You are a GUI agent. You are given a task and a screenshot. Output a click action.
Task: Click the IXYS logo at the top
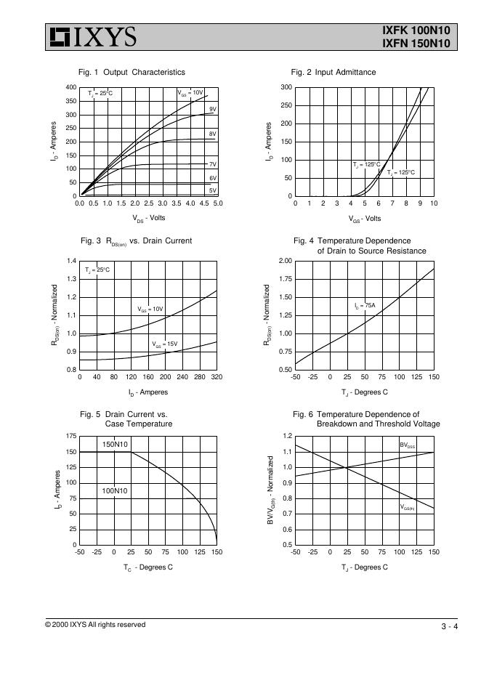tap(93, 36)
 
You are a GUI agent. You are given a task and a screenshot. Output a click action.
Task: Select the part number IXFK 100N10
tap(416, 31)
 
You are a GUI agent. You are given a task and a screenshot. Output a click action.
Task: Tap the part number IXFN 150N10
tap(416, 44)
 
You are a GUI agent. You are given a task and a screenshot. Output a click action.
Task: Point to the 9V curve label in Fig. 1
tap(213, 109)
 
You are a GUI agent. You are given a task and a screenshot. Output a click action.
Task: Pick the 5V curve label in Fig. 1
tap(213, 190)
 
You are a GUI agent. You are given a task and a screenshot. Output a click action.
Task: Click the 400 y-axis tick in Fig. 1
tap(70, 87)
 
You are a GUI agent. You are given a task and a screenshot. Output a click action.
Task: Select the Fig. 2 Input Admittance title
tap(334, 72)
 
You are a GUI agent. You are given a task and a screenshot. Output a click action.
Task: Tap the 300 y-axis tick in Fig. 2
tap(286, 87)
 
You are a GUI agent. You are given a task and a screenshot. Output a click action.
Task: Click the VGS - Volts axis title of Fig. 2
tap(364, 218)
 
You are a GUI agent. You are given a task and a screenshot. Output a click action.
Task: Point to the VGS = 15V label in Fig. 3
tap(164, 344)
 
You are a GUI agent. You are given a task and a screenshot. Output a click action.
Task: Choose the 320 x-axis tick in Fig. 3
tap(217, 378)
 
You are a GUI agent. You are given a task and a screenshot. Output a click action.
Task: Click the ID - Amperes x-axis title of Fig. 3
tap(148, 392)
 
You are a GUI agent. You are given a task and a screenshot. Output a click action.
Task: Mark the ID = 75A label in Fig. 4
tap(365, 307)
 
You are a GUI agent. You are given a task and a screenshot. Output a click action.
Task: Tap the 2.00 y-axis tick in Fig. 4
tap(285, 261)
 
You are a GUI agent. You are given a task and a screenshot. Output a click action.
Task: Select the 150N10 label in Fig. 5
tap(115, 444)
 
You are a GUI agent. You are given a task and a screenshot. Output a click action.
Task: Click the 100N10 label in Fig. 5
tap(115, 491)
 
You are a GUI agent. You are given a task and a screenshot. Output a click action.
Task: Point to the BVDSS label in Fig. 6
tap(408, 445)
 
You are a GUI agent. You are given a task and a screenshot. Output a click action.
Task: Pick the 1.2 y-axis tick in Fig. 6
tap(287, 436)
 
